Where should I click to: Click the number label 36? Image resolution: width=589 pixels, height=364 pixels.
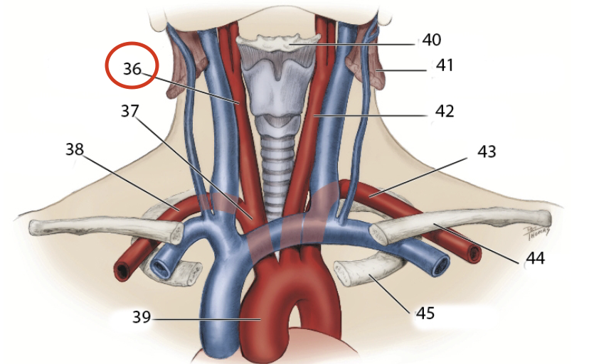tap(133, 69)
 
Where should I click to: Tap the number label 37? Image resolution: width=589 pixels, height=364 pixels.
tap(130, 112)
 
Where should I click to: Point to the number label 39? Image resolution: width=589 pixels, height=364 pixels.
tap(142, 317)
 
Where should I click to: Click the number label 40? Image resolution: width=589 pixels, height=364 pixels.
tap(431, 40)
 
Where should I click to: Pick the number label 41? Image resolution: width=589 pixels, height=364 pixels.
tap(445, 66)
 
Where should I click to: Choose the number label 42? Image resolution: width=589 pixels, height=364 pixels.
tap(445, 112)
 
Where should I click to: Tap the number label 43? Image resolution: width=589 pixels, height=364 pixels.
tap(487, 151)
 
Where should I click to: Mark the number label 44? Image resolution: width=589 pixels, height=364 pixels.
tap(534, 258)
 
